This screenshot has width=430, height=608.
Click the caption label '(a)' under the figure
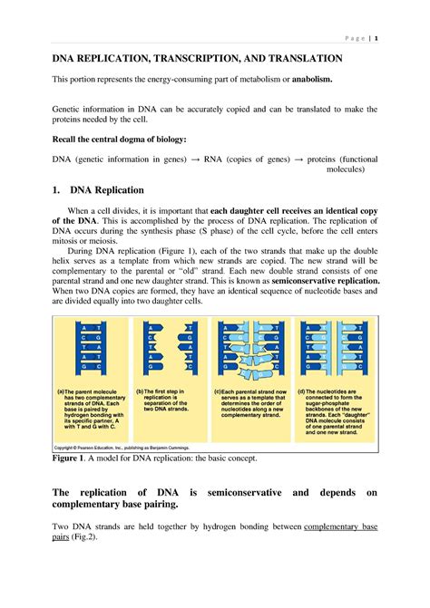61,391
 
